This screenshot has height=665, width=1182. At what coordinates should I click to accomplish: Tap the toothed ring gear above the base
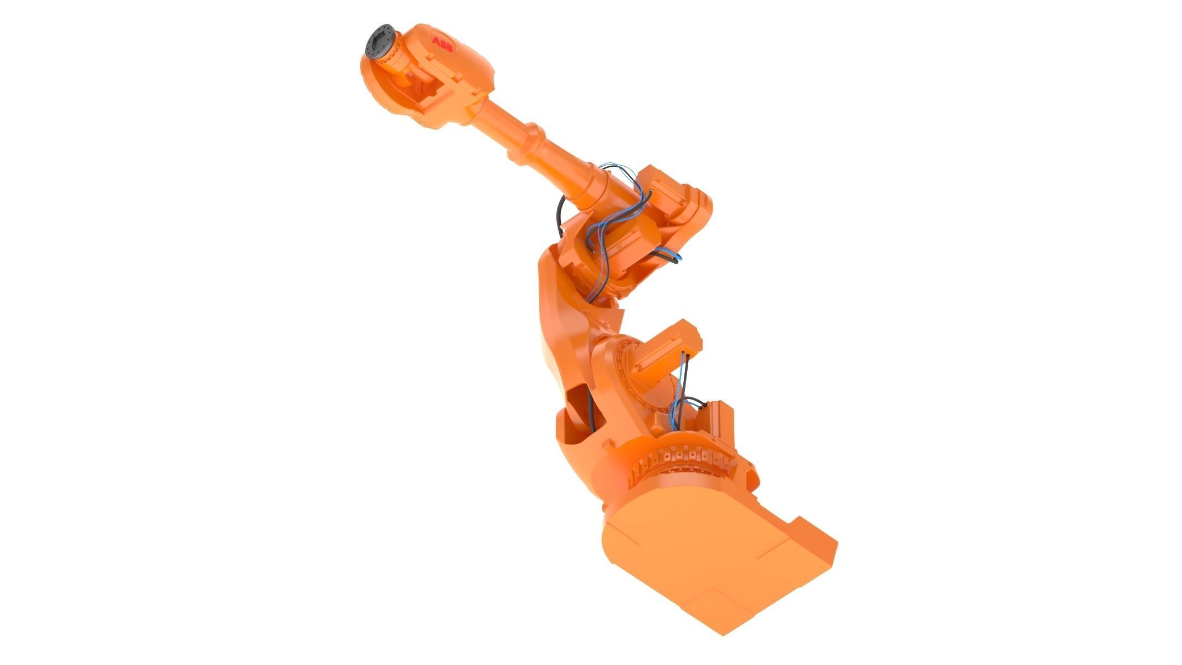(x=687, y=457)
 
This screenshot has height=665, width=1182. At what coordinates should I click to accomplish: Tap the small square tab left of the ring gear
(x=612, y=444)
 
